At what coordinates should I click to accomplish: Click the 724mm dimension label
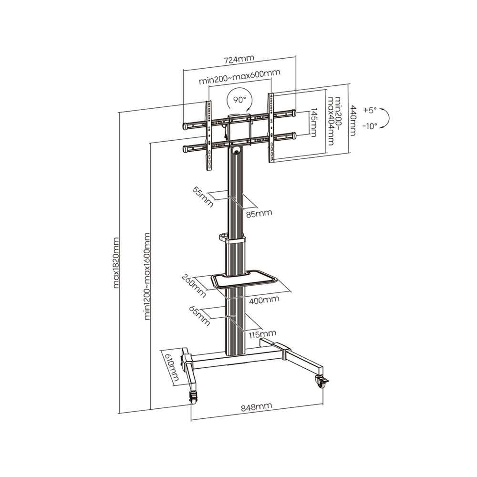pyautogui.click(x=239, y=59)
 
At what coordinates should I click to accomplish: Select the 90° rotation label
pyautogui.click(x=240, y=100)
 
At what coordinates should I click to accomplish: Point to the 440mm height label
pyautogui.click(x=353, y=120)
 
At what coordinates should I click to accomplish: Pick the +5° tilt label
pyautogui.click(x=370, y=110)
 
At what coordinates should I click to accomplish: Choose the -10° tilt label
pyautogui.click(x=370, y=125)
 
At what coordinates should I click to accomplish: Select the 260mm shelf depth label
pyautogui.click(x=194, y=286)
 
